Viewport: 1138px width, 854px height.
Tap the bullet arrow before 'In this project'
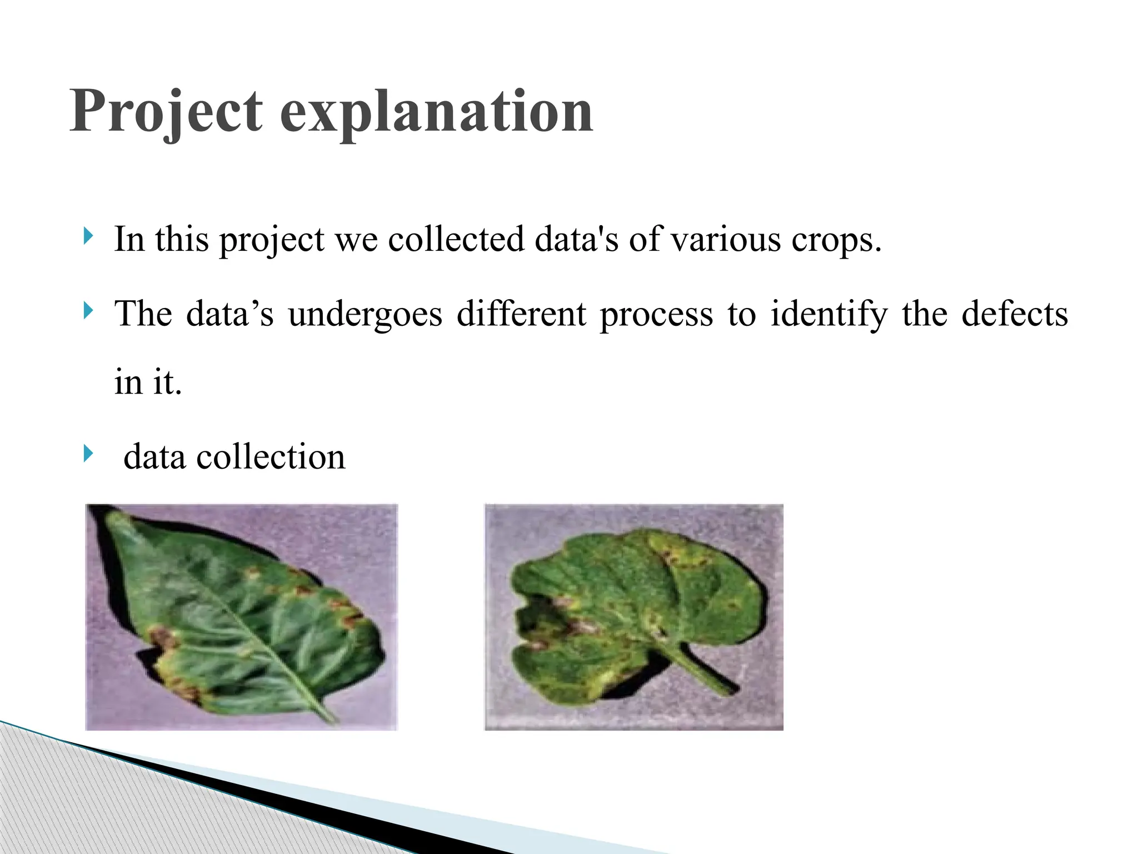click(88, 236)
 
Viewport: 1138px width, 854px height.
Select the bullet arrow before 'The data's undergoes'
click(88, 310)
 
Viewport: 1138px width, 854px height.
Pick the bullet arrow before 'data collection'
click(88, 453)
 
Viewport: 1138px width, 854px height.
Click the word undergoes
click(365, 315)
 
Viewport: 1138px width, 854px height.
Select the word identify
click(828, 315)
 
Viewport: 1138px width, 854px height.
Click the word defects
click(1015, 314)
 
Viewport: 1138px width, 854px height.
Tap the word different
click(521, 314)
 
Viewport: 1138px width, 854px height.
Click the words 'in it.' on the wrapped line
click(148, 383)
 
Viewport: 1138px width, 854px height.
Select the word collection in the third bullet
click(271, 457)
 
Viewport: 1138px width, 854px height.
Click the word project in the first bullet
click(272, 240)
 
